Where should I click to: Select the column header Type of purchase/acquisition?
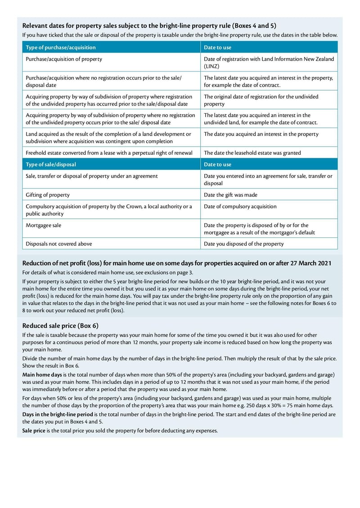(x=61, y=47)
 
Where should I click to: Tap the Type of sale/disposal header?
(x=51, y=165)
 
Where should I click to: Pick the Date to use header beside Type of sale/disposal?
(x=217, y=165)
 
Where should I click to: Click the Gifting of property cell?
(x=48, y=195)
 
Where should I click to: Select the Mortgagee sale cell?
(x=44, y=225)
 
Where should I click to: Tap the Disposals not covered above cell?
(x=59, y=244)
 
